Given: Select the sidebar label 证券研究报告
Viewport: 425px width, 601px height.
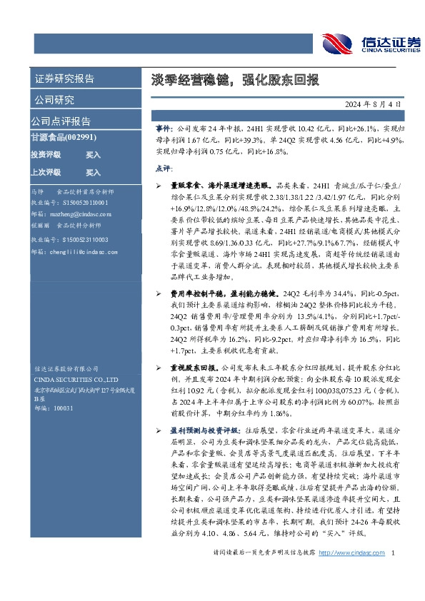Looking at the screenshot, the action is (64, 79).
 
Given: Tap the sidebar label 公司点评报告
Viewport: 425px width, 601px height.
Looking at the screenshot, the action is (61, 121).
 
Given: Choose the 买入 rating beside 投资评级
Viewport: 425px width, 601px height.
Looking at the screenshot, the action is (93, 154).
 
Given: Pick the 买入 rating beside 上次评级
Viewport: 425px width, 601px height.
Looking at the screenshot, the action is (93, 172).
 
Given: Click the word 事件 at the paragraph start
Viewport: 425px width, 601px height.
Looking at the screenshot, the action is (164, 126).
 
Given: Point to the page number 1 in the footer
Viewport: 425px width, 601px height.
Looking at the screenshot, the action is (394, 573).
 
